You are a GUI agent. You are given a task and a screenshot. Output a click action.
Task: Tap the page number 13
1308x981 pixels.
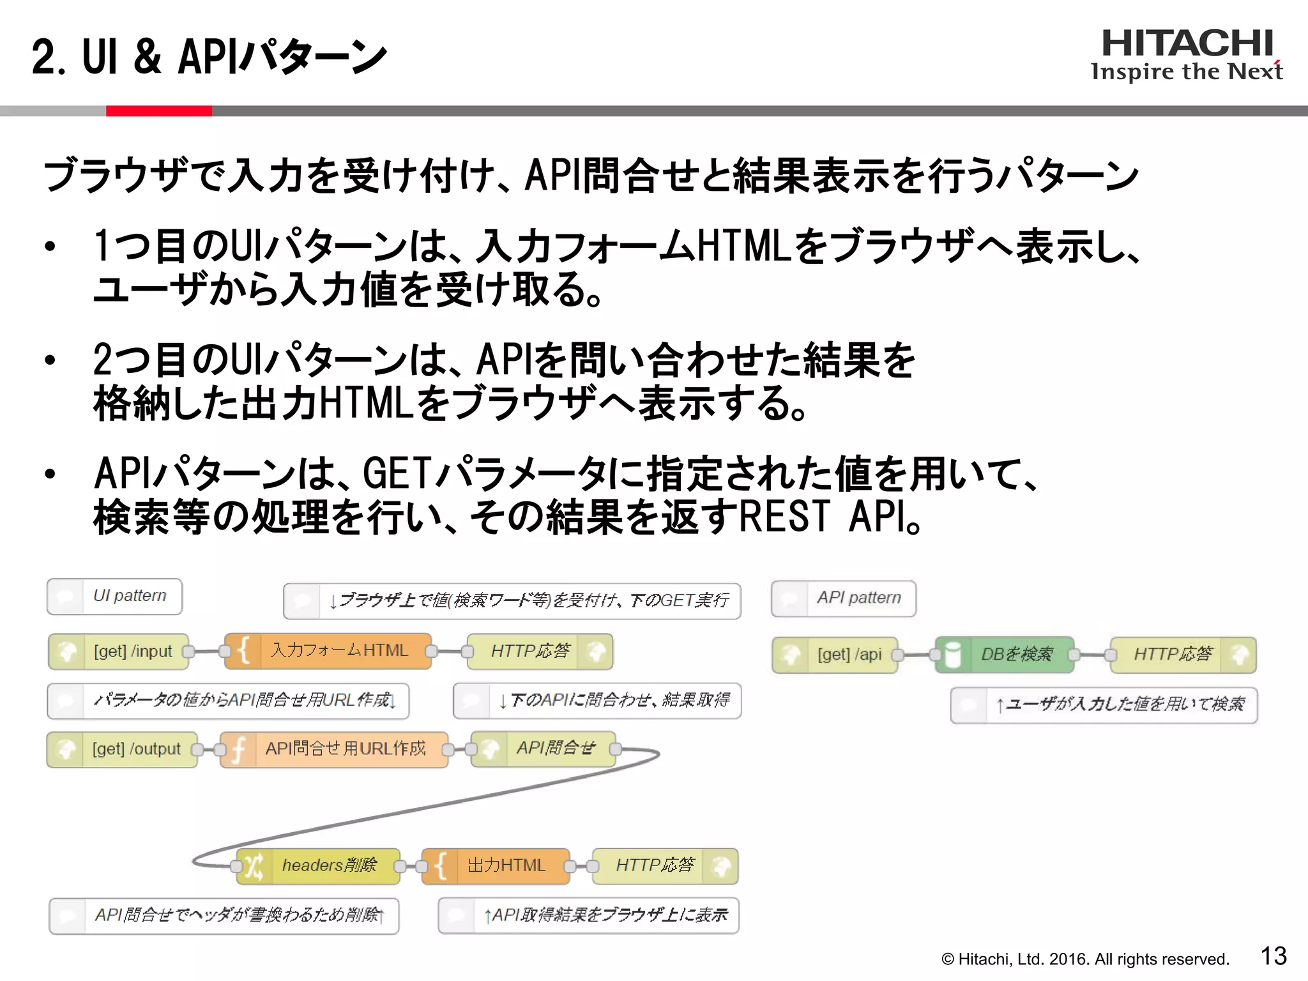coord(1273,956)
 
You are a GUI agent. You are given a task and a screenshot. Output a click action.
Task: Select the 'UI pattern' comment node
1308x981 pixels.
coord(115,596)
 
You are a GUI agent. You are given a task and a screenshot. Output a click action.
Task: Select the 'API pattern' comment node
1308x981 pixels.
coord(844,598)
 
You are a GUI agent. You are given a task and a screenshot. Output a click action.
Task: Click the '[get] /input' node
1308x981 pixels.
coord(119,651)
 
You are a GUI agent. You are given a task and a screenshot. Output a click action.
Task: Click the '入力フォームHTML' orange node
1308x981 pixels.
coord(329,651)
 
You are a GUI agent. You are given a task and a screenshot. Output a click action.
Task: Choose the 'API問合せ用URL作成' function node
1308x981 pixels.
coord(335,749)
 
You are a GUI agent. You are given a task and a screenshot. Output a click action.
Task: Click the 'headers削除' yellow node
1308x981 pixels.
coord(319,865)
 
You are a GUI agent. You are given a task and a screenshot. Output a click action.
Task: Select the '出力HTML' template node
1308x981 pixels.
coord(496,865)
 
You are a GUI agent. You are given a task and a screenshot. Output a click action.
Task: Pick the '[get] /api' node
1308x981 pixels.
coord(835,655)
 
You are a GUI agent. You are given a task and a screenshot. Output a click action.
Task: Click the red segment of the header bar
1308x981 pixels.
coord(158,111)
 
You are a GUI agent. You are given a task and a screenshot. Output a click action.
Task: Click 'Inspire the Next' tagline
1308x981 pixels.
coord(1187,72)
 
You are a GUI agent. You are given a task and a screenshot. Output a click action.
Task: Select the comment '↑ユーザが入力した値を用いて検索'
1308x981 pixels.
coord(1104,704)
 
